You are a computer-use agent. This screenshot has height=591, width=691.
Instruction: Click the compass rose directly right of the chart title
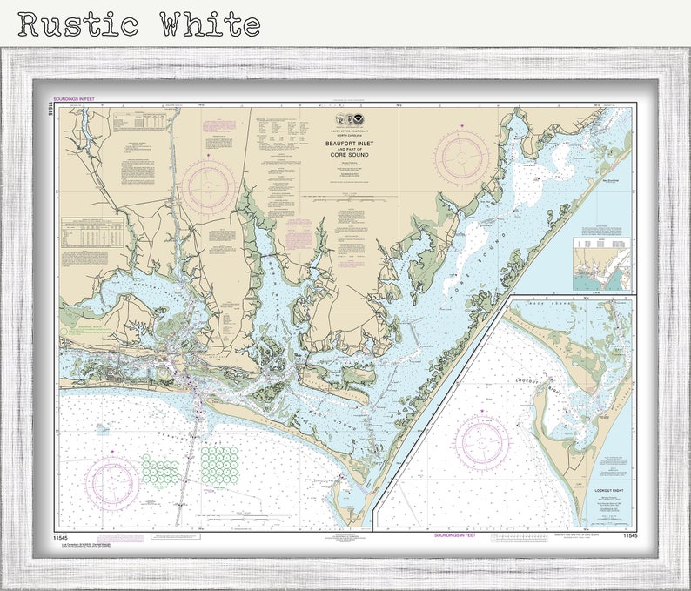[x=462, y=158]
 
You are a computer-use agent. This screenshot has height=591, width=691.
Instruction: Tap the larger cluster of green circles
[x=218, y=465]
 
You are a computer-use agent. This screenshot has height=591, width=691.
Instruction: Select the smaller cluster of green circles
[x=160, y=471]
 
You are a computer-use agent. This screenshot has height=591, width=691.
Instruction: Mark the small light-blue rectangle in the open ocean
[x=104, y=428]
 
